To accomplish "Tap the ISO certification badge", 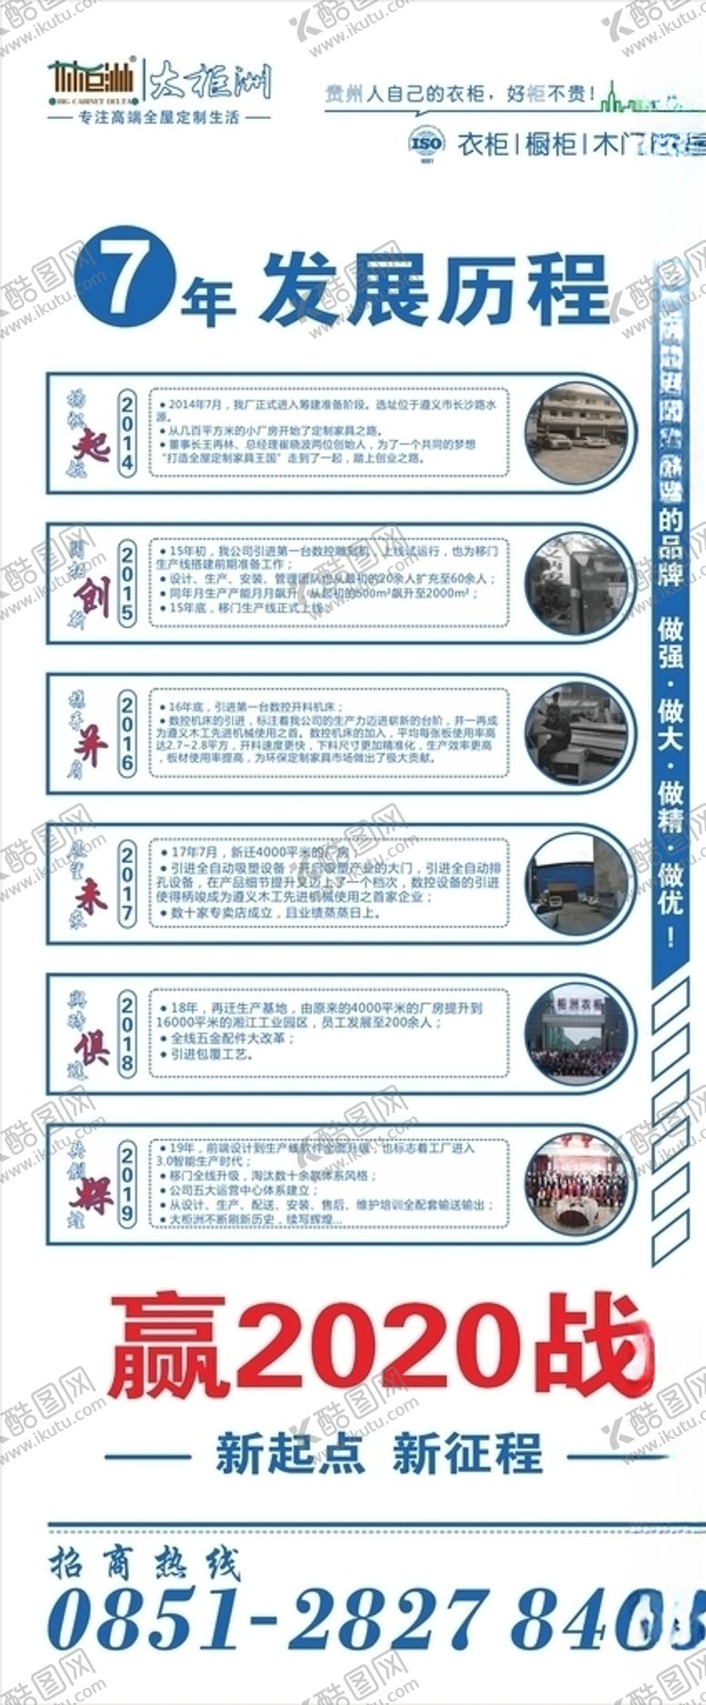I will coord(426,144).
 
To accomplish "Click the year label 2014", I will coord(127,431).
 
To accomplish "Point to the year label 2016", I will coord(127,733).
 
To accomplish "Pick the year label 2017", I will coord(127,883).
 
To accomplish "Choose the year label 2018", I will coord(127,1034).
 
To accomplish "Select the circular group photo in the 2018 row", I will coord(577,1034).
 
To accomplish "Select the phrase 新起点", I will coord(290,1453).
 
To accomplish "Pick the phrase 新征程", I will coord(467,1453).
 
